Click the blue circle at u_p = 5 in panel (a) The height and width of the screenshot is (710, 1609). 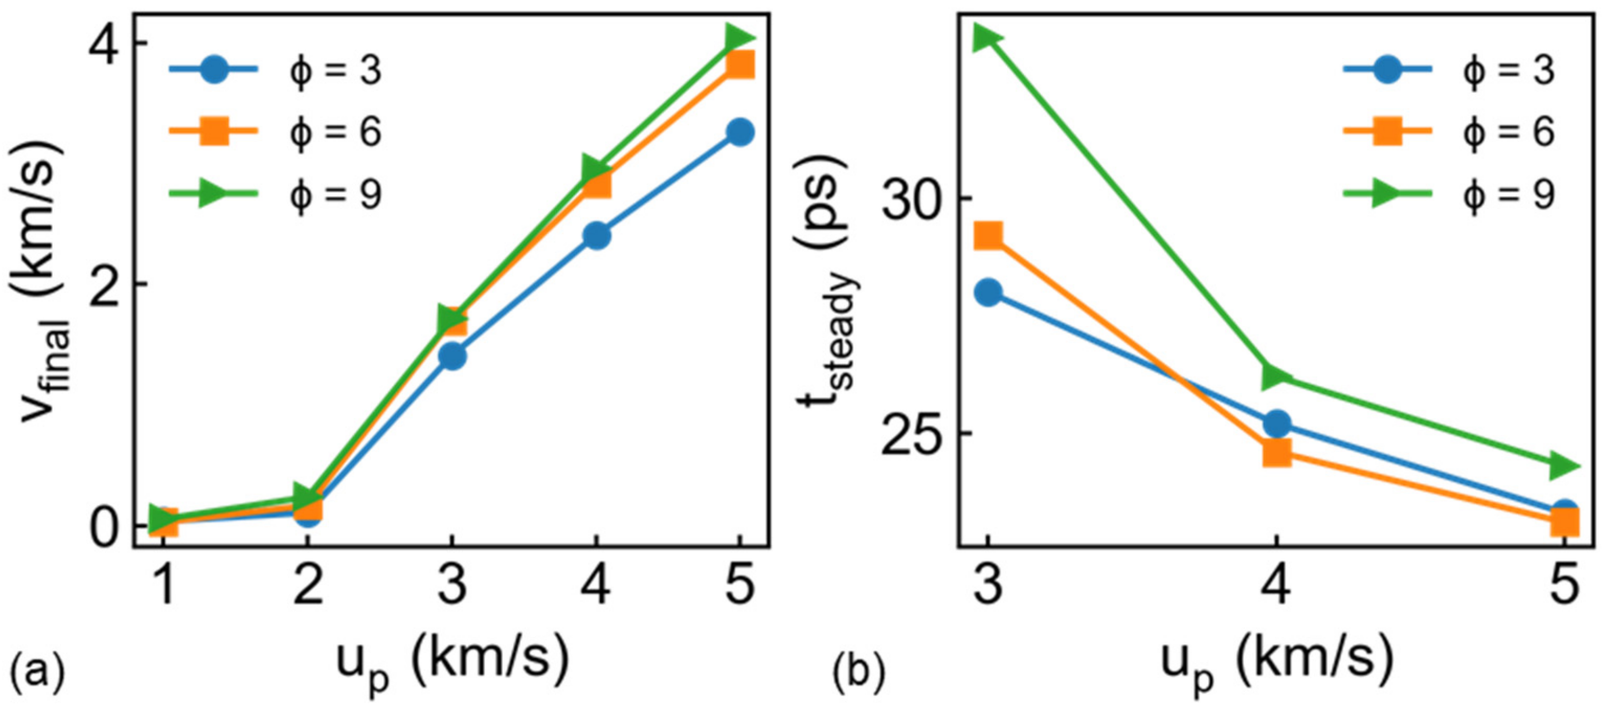pos(740,132)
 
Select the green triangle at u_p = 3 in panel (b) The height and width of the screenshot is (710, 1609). pos(986,38)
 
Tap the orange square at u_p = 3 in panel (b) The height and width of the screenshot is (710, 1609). pos(988,236)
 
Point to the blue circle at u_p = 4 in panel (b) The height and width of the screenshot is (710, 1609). pos(1277,424)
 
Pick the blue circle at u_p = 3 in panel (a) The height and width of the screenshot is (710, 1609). pos(452,356)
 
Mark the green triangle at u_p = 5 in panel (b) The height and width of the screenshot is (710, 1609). pos(1563,465)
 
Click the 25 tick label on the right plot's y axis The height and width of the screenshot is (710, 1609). pos(908,433)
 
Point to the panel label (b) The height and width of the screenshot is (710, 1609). pos(859,674)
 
